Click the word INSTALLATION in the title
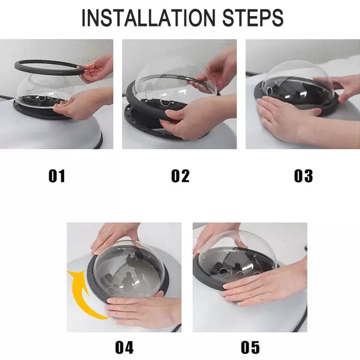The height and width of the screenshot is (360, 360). [148, 18]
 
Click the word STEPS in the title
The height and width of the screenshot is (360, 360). [253, 18]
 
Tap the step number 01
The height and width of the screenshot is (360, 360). [57, 176]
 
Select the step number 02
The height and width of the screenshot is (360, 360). [180, 176]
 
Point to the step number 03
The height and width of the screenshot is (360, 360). [303, 176]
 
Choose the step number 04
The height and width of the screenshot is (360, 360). [124, 348]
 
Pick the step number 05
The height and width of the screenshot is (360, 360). [250, 348]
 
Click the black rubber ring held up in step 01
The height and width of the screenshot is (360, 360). [49, 66]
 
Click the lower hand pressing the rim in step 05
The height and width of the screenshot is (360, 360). [265, 287]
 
